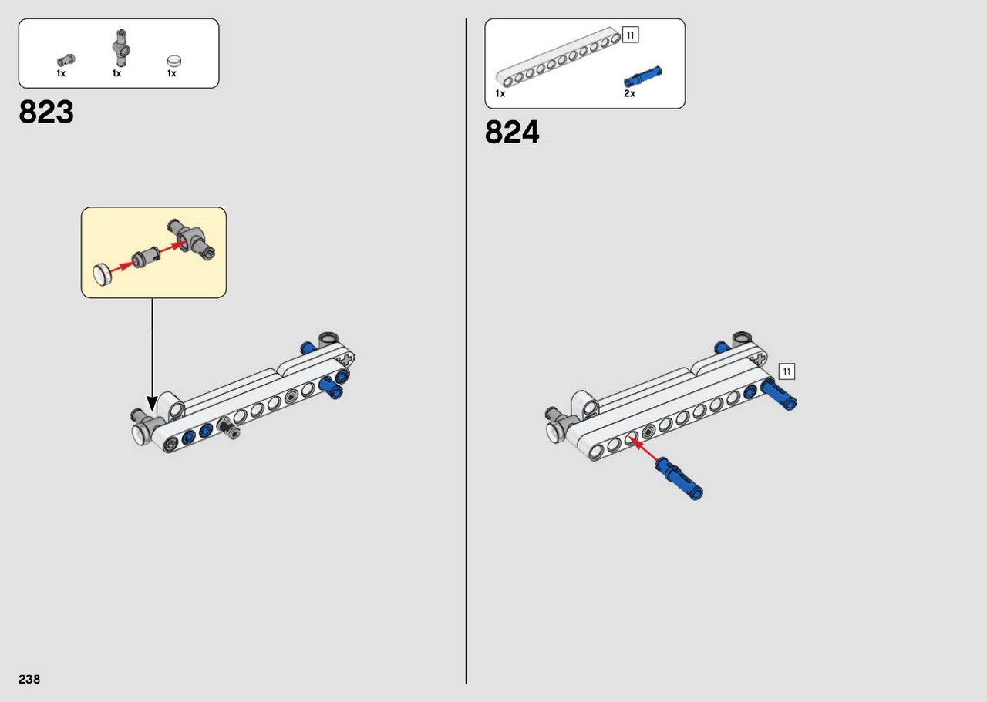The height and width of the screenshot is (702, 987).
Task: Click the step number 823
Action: (x=46, y=112)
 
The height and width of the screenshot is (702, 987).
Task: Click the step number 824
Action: (x=512, y=132)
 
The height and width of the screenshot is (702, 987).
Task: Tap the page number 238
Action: (x=29, y=679)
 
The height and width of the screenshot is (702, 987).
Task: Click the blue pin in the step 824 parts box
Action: (x=643, y=76)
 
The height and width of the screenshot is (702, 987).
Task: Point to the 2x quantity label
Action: (x=630, y=93)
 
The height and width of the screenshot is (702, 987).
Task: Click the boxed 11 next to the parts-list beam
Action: (x=631, y=35)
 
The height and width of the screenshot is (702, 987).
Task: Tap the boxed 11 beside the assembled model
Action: (x=787, y=371)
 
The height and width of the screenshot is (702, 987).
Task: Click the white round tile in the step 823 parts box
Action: (x=174, y=61)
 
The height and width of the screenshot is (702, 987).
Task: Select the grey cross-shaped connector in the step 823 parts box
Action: (x=121, y=49)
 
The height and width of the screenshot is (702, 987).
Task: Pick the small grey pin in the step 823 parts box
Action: (x=66, y=60)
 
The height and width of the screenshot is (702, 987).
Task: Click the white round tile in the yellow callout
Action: (x=103, y=274)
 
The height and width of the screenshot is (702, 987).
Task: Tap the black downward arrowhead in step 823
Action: (x=152, y=404)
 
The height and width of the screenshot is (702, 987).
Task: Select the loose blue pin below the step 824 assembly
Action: (x=679, y=479)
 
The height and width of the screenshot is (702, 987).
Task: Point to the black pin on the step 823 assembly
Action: (x=228, y=428)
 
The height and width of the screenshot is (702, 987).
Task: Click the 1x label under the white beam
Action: (x=500, y=93)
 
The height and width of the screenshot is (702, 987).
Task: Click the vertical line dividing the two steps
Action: (x=467, y=351)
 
